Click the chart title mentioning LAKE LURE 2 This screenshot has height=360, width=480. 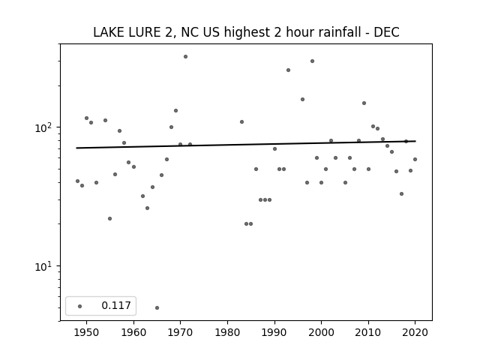click(246, 32)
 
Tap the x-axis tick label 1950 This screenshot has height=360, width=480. click(86, 332)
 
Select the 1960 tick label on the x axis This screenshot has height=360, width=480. click(133, 332)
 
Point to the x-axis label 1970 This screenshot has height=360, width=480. click(180, 332)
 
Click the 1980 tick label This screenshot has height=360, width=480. click(227, 332)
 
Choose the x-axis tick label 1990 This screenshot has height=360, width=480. click(274, 332)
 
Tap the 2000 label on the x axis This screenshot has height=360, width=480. click(322, 332)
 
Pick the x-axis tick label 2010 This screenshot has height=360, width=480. click(368, 332)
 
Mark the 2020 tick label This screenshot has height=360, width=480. click(415, 332)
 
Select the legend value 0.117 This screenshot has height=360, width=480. click(116, 305)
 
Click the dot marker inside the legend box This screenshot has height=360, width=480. click(79, 306)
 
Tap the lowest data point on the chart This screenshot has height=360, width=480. click(157, 307)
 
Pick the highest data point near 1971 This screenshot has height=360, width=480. click(185, 57)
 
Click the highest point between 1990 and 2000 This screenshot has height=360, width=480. click(312, 61)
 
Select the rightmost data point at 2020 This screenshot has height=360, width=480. click(415, 159)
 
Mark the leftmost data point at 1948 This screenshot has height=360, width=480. click(77, 181)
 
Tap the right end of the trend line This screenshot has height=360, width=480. click(415, 141)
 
